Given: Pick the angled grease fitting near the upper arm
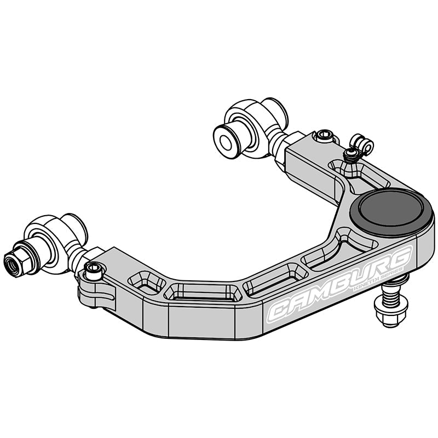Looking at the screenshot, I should point(361,147).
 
